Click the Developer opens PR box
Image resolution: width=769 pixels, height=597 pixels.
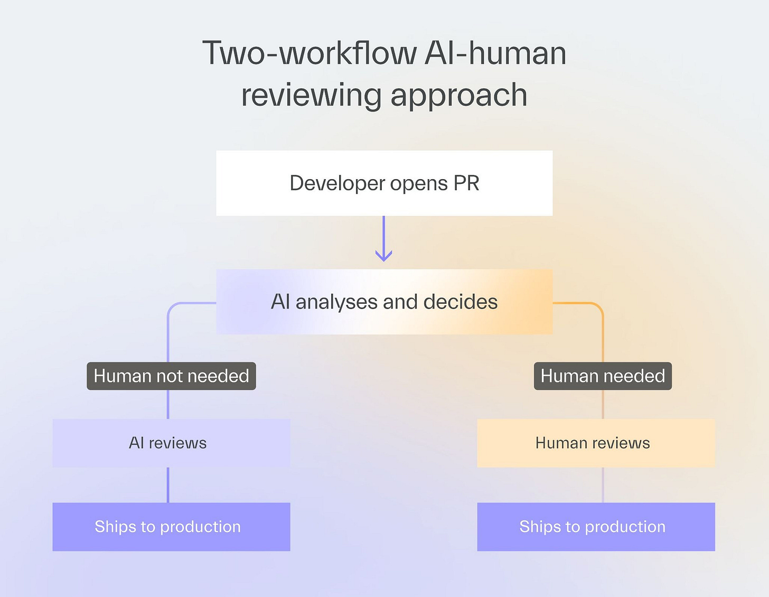coord(384,183)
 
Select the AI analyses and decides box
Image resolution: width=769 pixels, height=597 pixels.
coord(384,302)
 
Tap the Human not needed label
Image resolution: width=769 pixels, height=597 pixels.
coord(171,376)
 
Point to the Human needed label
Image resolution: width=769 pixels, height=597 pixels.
coord(603,376)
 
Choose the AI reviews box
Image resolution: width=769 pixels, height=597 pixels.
coord(171,443)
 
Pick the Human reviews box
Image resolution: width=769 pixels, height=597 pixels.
coord(596,443)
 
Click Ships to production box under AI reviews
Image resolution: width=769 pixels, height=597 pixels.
coord(171,527)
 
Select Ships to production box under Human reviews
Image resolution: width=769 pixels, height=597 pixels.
coord(596,527)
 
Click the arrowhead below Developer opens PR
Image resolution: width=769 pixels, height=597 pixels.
coord(383,256)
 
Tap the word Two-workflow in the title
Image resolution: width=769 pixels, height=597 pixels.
coord(310,53)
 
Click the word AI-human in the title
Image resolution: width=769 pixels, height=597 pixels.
coord(495,53)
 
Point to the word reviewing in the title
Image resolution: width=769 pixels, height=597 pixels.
coord(312,96)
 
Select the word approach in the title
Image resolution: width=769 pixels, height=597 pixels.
coord(459,96)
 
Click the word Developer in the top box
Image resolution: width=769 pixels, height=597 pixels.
coord(337,184)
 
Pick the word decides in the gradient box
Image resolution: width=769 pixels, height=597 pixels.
coord(461,302)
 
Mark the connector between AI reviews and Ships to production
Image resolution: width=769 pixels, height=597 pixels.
coord(168,485)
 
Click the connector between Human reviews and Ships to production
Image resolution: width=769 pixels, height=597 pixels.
coord(603,485)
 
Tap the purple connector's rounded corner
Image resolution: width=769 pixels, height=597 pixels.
coord(172,307)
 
